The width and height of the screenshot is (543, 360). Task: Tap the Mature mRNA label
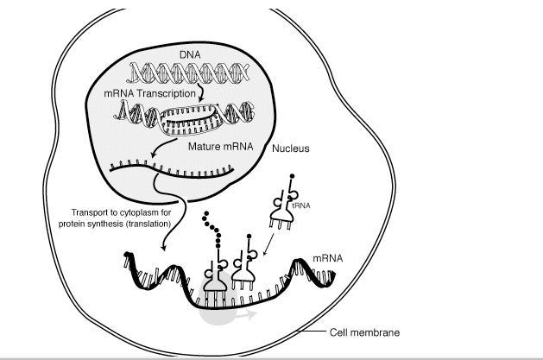click(220, 147)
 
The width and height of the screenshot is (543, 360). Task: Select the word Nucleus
click(291, 148)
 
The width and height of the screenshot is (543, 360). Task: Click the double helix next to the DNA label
click(190, 72)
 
